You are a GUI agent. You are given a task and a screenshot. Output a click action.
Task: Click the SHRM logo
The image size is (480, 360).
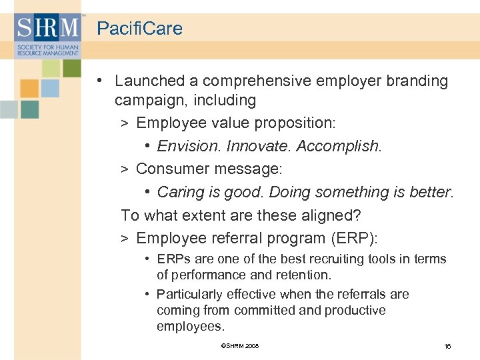pyautogui.click(x=47, y=35)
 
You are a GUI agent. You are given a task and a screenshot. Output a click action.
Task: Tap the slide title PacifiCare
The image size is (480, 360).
pyautogui.click(x=139, y=29)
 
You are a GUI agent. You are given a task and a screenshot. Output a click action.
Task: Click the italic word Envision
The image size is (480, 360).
pyautogui.click(x=189, y=146)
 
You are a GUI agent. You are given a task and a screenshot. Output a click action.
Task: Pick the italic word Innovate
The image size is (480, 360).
pyautogui.click(x=255, y=146)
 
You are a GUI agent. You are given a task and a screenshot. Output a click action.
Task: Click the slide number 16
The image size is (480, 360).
pyautogui.click(x=447, y=346)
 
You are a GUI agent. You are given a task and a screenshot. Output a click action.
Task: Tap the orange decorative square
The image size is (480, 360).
pyautogui.click(x=29, y=89)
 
